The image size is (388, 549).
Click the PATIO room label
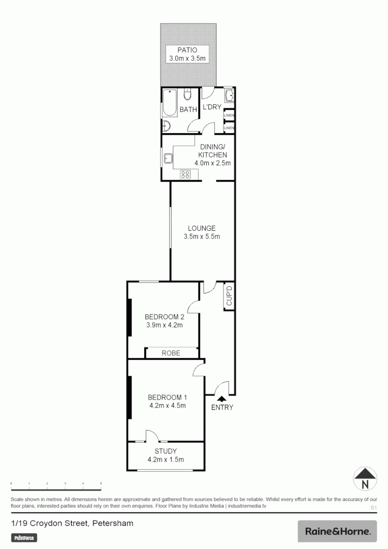click(187, 50)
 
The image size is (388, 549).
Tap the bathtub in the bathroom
click(170, 103)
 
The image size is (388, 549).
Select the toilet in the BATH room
click(187, 96)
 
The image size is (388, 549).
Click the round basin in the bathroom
click(168, 127)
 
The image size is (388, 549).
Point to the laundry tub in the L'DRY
click(229, 96)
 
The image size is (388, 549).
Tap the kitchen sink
click(168, 159)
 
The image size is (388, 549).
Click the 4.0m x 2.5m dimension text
click(212, 163)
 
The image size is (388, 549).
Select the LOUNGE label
click(202, 228)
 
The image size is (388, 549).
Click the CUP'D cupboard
click(229, 296)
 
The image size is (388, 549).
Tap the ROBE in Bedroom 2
click(171, 353)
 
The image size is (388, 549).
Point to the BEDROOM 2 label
click(164, 316)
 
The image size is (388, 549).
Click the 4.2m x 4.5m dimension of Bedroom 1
click(167, 406)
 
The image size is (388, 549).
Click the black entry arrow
click(221, 399)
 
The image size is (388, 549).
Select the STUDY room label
click(166, 451)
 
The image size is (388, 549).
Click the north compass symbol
click(365, 479)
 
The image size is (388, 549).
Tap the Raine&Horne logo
click(337, 531)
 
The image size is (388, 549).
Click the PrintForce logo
click(24, 538)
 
